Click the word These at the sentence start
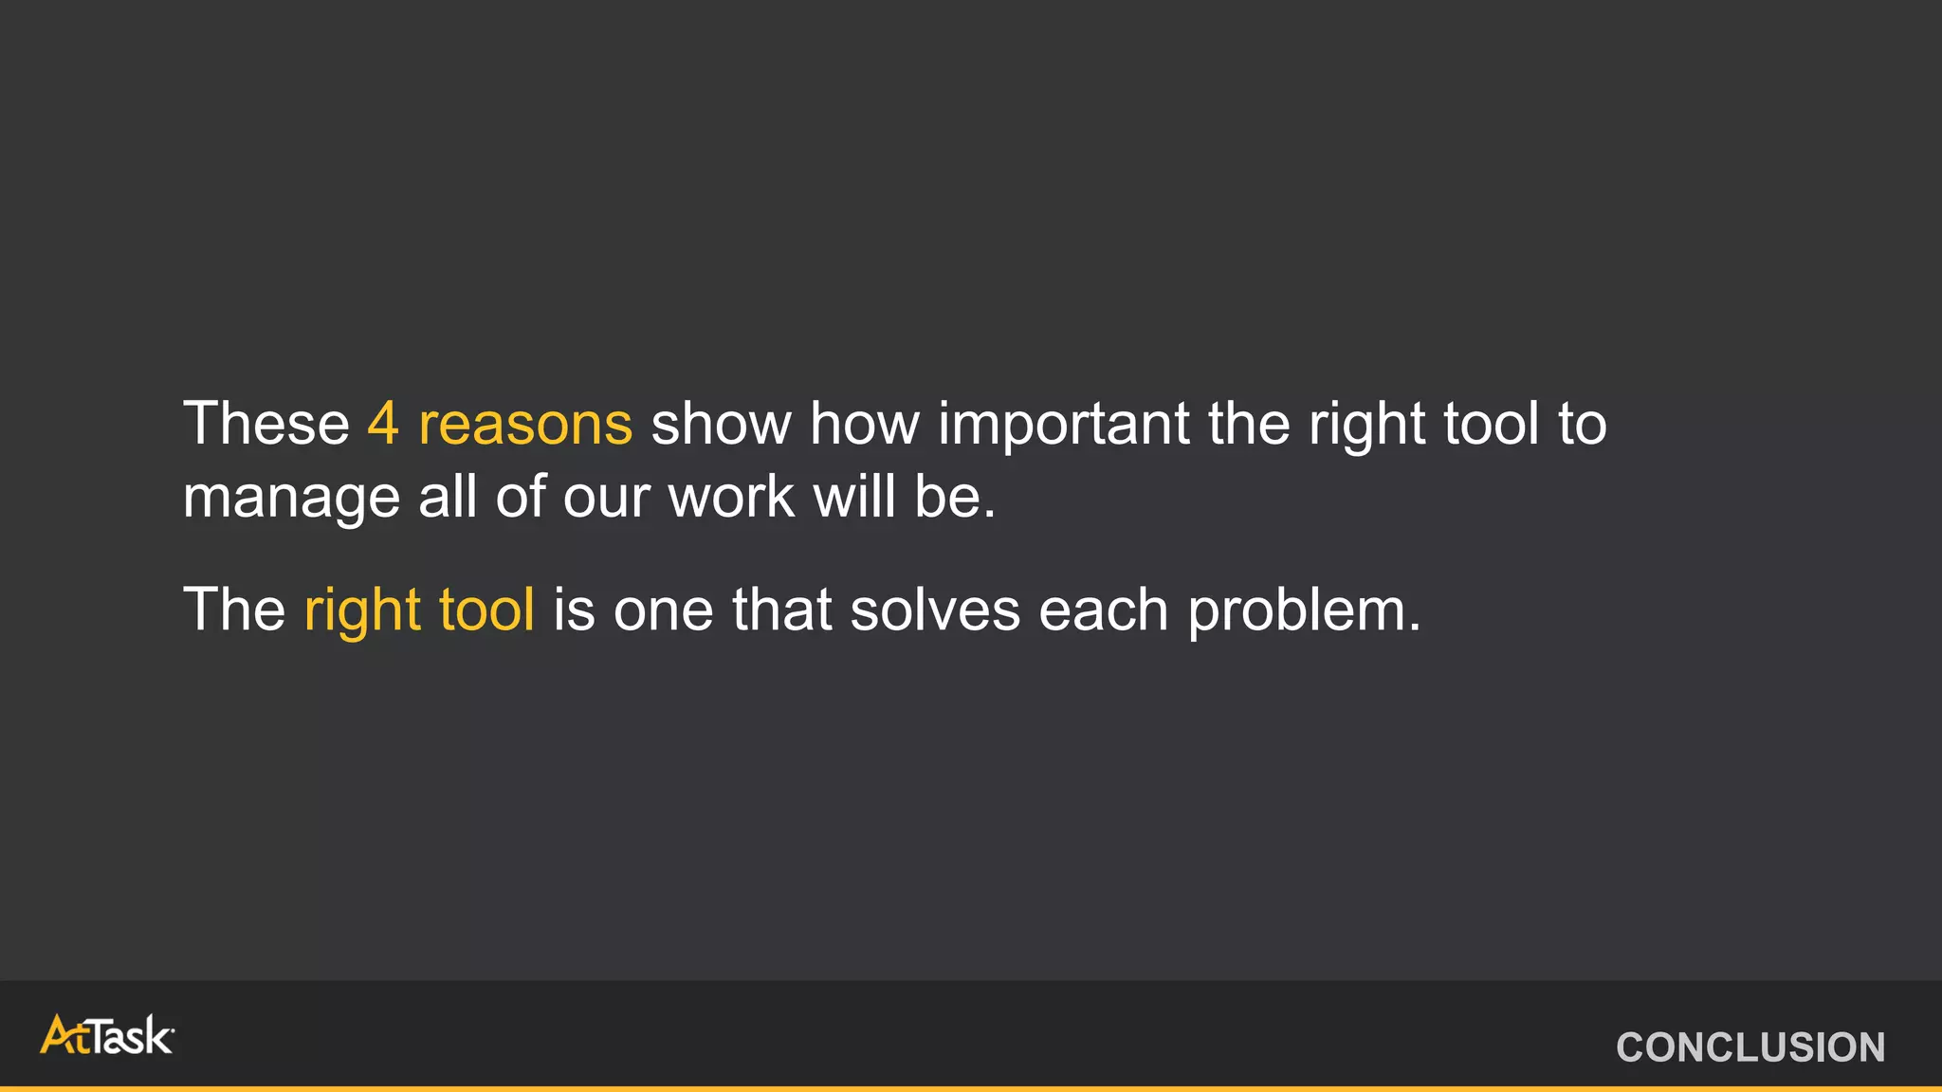266,423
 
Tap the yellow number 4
382,423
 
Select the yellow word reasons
525,424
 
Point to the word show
721,423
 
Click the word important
1063,424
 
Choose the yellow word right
361,610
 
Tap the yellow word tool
485,609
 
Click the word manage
291,498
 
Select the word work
732,496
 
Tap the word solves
935,609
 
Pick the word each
1104,609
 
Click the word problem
1304,610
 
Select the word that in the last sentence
781,609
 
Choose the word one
663,610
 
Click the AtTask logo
107,1035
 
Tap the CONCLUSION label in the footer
1750,1047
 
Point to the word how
864,423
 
